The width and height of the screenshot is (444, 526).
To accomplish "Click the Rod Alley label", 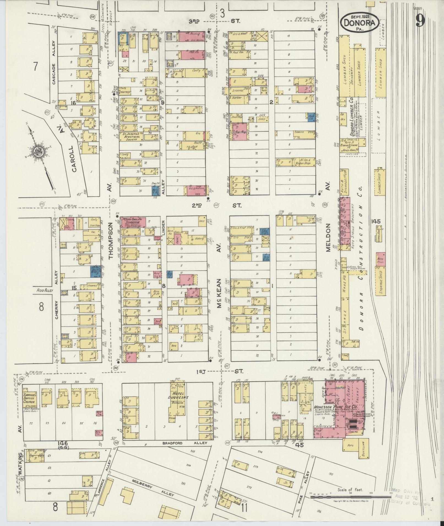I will (x=44, y=290).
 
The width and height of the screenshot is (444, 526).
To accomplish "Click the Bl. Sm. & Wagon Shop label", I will (x=304, y=161).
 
